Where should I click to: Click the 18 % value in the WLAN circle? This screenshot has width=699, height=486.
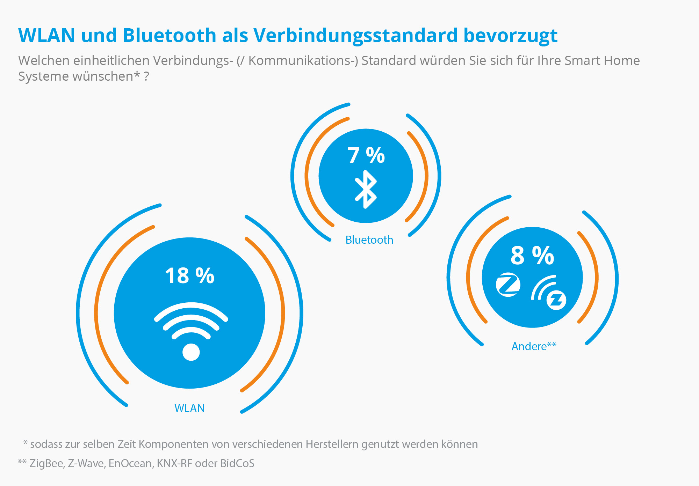click(x=189, y=276)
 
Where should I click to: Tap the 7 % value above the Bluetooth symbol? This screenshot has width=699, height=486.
click(x=366, y=155)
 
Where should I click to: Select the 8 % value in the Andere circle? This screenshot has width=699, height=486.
click(x=532, y=256)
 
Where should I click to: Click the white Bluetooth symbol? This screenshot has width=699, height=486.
click(x=366, y=189)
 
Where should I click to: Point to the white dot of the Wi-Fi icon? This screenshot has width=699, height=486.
click(x=191, y=352)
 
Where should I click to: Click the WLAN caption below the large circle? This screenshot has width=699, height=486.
click(x=189, y=408)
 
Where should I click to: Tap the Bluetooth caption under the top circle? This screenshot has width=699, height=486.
click(x=369, y=240)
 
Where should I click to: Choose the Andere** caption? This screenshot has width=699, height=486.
click(x=534, y=346)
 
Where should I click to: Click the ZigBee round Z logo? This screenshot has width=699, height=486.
click(x=508, y=285)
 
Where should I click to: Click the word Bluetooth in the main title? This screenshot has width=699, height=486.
click(x=170, y=36)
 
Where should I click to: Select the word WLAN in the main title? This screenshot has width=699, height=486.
click(x=47, y=36)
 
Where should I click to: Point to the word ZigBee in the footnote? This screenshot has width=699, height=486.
click(x=46, y=463)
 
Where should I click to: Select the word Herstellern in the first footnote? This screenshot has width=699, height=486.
click(x=332, y=444)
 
